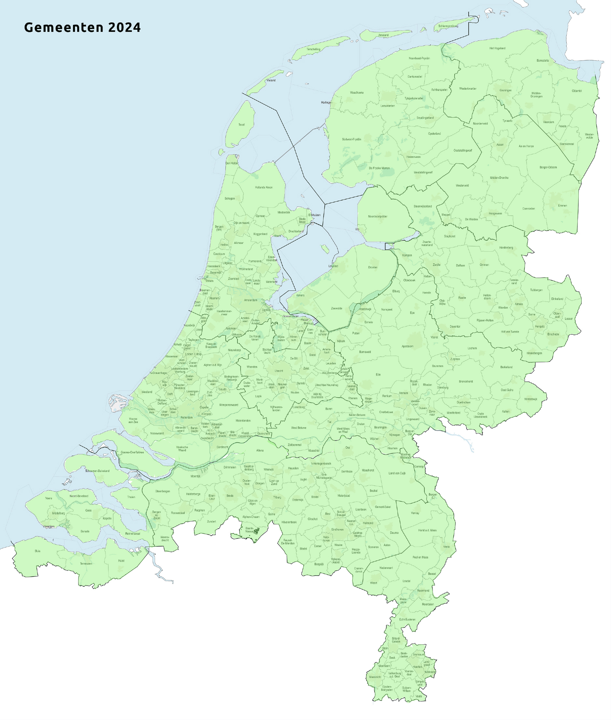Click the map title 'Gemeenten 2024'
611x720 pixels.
[82, 27]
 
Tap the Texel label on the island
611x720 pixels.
[241, 125]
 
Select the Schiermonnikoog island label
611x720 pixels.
[448, 26]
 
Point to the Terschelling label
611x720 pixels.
[313, 49]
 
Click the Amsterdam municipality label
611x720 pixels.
[250, 300]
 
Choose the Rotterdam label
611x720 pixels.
[186, 418]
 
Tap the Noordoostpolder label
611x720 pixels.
[377, 216]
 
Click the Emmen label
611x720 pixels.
[562, 206]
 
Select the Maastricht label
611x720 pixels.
[375, 677]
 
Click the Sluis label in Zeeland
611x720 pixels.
[37, 551]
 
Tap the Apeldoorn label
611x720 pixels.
[407, 346]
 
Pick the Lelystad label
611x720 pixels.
[333, 266]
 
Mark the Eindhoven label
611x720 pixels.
[337, 529]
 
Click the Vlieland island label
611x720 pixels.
[271, 81]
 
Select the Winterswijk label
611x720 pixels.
[530, 399]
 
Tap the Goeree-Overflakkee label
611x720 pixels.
[132, 452]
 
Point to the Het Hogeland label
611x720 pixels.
[497, 48]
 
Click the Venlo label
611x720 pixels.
[447, 547]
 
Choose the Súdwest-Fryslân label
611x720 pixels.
[351, 140]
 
